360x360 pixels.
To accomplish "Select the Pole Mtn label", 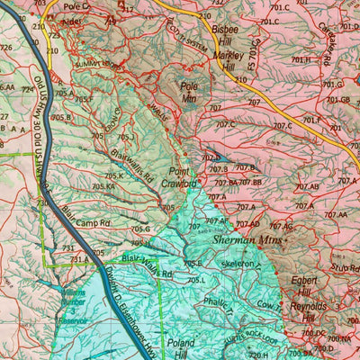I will tap(188, 93).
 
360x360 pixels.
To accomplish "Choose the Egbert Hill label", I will tap(309, 286).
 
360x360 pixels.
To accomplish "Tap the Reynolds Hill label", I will tap(309, 312).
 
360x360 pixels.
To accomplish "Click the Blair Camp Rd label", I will tap(87, 215).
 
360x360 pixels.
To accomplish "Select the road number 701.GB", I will tap(337, 99).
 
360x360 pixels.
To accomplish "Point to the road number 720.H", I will tap(257, 355).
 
